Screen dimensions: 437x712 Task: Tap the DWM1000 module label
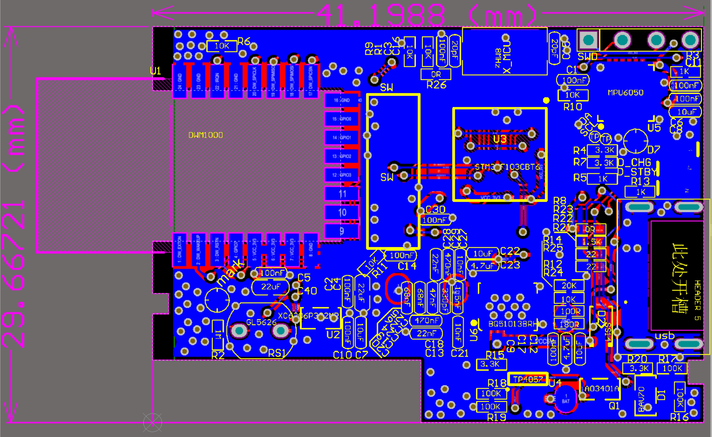(205, 135)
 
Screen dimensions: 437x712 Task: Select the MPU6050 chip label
(625, 93)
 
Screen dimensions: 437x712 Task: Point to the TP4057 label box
(528, 379)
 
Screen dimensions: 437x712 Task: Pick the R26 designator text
(436, 85)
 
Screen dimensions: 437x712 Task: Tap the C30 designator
(436, 209)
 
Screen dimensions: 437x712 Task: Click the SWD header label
(587, 57)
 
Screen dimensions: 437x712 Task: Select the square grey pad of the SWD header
(588, 40)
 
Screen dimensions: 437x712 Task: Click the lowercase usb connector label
(665, 336)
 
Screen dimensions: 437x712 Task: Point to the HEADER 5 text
(698, 300)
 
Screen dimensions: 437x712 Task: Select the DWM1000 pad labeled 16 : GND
(342, 100)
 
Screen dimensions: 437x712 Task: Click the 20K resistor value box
(569, 286)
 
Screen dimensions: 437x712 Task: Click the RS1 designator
(277, 353)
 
